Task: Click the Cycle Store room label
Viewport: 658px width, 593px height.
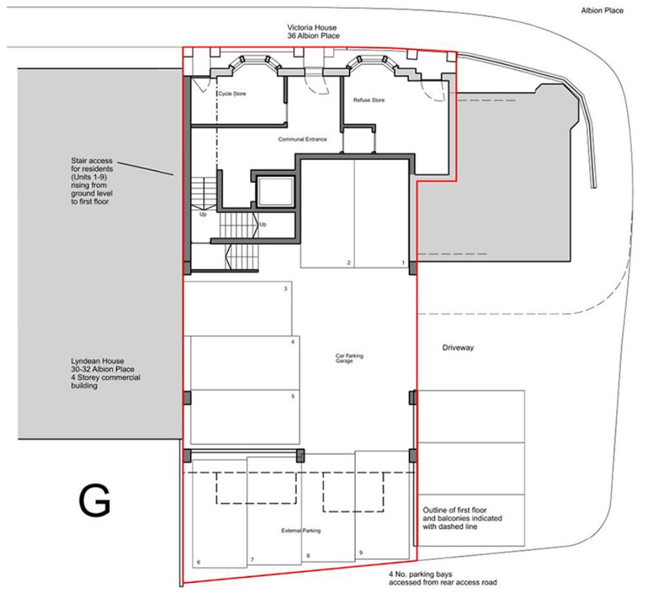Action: (x=231, y=95)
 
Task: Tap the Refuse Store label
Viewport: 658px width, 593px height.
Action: (x=369, y=100)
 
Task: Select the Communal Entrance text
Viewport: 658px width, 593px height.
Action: (x=303, y=140)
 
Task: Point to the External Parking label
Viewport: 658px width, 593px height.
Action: (x=301, y=531)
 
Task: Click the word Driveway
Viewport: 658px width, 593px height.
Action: (x=458, y=348)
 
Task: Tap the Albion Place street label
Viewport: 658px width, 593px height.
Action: (x=601, y=10)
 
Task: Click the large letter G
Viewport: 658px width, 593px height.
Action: (x=94, y=501)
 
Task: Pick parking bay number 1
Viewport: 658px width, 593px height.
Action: (x=403, y=263)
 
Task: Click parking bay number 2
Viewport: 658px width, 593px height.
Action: (x=348, y=263)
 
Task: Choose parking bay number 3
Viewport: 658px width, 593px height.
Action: (x=285, y=289)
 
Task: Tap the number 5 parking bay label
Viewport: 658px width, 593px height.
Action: (x=292, y=396)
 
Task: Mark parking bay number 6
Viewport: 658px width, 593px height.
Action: (x=198, y=563)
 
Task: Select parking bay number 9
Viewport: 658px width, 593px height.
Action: (x=360, y=552)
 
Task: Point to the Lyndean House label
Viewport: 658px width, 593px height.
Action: (x=105, y=374)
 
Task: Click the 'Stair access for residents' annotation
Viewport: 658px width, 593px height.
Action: (x=91, y=181)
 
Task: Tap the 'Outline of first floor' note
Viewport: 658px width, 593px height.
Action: (x=462, y=518)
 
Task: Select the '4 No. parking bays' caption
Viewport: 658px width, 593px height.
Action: (x=442, y=578)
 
